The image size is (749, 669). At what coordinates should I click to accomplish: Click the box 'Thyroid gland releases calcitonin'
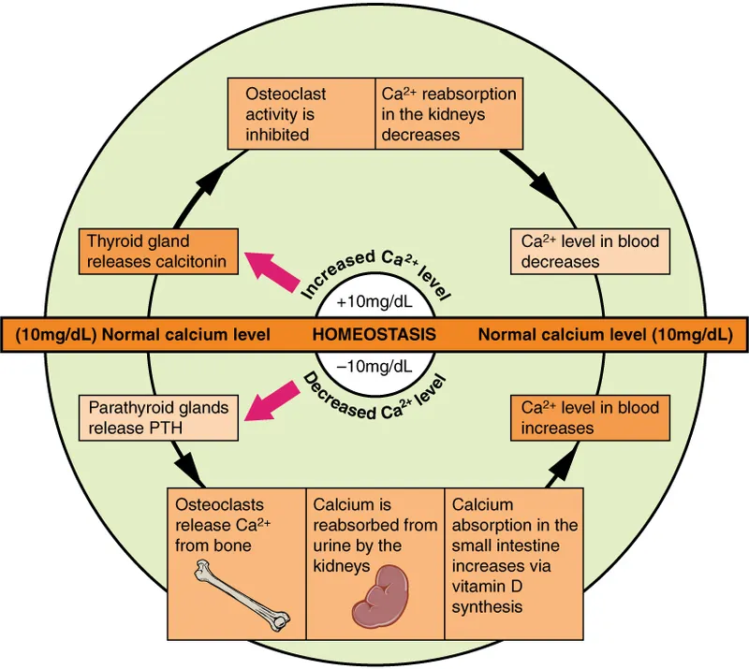pyautogui.click(x=156, y=251)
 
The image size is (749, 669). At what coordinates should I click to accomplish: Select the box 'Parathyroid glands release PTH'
pyautogui.click(x=156, y=418)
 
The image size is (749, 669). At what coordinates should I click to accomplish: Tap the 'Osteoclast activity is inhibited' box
pyautogui.click(x=302, y=114)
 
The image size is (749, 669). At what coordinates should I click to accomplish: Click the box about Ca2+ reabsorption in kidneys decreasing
pyautogui.click(x=448, y=114)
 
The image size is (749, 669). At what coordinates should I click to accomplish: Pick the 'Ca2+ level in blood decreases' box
pyautogui.click(x=590, y=251)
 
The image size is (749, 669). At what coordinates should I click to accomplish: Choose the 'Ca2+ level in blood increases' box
pyautogui.click(x=590, y=417)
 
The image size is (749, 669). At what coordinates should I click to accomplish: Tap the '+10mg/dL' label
pyautogui.click(x=374, y=303)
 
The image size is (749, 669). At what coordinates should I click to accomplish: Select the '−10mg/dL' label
pyautogui.click(x=374, y=365)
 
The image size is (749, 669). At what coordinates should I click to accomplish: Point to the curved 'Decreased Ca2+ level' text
pyautogui.click(x=374, y=394)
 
